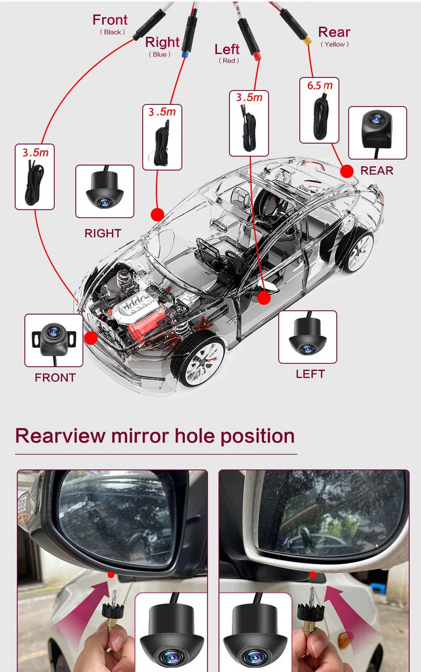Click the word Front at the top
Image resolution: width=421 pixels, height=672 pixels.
[110, 19]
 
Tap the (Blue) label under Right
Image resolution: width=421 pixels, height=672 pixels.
[159, 54]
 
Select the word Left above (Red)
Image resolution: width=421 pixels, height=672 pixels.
[227, 49]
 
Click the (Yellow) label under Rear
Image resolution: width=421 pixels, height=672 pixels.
[334, 44]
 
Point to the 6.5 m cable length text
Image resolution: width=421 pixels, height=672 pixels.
[319, 85]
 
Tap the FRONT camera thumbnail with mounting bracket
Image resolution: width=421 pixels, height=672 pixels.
[54, 340]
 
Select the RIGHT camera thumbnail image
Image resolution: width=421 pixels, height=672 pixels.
[105, 191]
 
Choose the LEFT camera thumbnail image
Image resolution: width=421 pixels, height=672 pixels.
[307, 337]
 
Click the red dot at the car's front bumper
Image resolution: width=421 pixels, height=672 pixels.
[91, 338]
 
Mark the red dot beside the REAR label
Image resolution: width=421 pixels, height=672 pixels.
[347, 171]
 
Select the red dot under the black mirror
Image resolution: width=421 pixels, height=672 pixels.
[111, 575]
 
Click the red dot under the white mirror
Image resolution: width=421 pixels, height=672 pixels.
[313, 575]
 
